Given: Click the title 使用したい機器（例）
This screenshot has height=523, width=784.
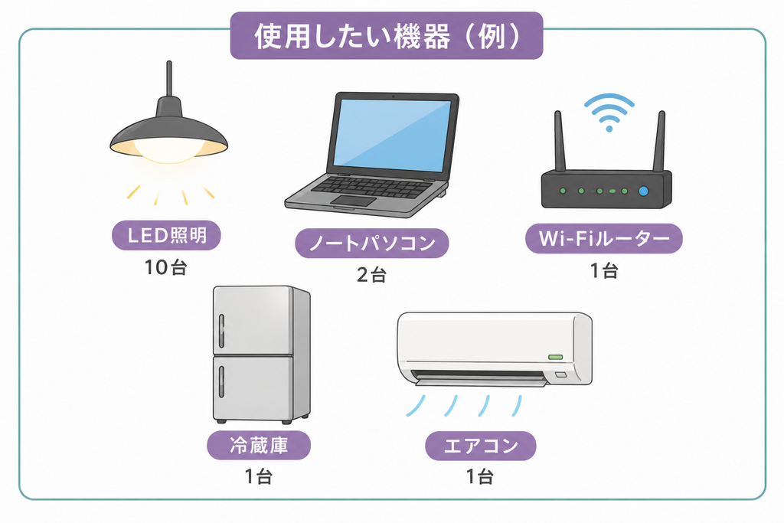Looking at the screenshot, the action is point(387,36).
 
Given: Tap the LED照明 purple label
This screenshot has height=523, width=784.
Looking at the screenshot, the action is point(166,235).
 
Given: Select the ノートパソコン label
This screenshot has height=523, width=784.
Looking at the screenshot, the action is point(372,243).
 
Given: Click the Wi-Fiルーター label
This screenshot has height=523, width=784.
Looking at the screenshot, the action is point(604,238).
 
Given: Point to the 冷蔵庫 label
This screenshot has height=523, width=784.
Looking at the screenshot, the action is point(259,445).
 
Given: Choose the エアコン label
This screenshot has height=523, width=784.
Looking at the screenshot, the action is point(481,446).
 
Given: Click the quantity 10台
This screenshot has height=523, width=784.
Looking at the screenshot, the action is point(165,267).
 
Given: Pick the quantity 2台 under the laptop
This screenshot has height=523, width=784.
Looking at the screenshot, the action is point(371,274).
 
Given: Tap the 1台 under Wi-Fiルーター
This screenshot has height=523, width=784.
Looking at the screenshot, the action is point(604,270).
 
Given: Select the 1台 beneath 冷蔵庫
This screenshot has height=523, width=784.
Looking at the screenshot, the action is point(259,476).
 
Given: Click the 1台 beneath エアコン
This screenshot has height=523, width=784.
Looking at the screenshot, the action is point(480,476).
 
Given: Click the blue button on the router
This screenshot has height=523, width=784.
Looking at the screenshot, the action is point(643,191).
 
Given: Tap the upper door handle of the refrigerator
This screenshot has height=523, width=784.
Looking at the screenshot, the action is point(221,331).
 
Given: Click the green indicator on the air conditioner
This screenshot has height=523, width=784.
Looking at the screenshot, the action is point(556,357).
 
